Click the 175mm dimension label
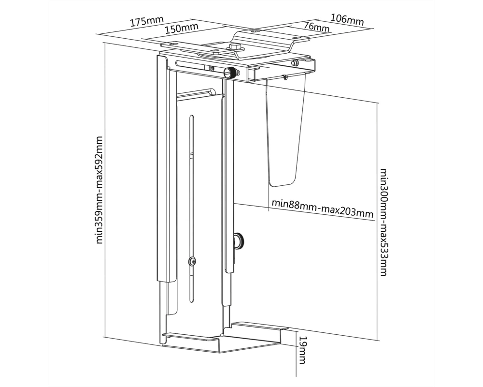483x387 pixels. tap(147, 21)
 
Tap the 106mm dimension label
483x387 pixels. tap(347, 19)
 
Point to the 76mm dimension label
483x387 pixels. tap(316, 27)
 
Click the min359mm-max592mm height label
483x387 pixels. tap(99, 190)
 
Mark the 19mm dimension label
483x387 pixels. tap(302, 350)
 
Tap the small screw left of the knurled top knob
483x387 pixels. tap(212, 68)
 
